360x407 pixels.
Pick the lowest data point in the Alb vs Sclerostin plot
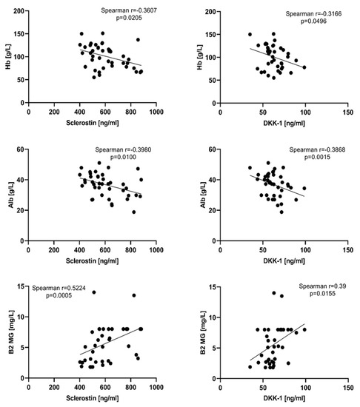coord(134,212)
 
